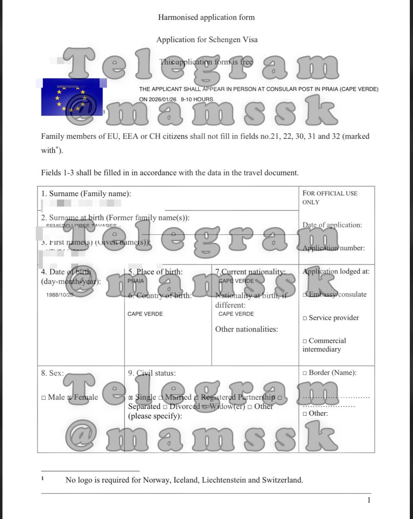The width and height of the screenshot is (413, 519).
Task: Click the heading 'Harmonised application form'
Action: (206, 17)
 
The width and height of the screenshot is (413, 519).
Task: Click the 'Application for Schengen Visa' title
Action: (207, 40)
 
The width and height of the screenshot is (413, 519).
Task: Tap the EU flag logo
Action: (71, 97)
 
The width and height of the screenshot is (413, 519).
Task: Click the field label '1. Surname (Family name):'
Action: (86, 194)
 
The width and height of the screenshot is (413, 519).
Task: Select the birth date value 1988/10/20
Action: (60, 295)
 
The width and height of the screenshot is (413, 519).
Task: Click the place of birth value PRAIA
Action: (136, 281)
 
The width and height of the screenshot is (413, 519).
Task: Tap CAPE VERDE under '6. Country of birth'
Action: (145, 314)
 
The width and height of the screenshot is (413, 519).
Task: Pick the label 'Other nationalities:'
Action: (246, 329)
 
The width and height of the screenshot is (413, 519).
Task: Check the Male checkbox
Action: (43, 398)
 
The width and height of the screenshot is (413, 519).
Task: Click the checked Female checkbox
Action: (69, 398)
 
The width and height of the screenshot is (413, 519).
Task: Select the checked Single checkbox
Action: (131, 398)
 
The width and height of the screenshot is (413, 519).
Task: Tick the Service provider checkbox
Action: (305, 318)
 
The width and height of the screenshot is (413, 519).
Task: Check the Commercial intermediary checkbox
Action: (305, 341)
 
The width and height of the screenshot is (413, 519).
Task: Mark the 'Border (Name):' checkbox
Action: (305, 373)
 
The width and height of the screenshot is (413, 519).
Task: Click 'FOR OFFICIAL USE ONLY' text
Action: (329, 197)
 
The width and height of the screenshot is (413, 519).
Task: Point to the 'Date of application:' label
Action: (332, 225)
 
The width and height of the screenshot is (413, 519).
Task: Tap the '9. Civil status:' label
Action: (152, 373)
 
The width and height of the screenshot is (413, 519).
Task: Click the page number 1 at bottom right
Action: (369, 500)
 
